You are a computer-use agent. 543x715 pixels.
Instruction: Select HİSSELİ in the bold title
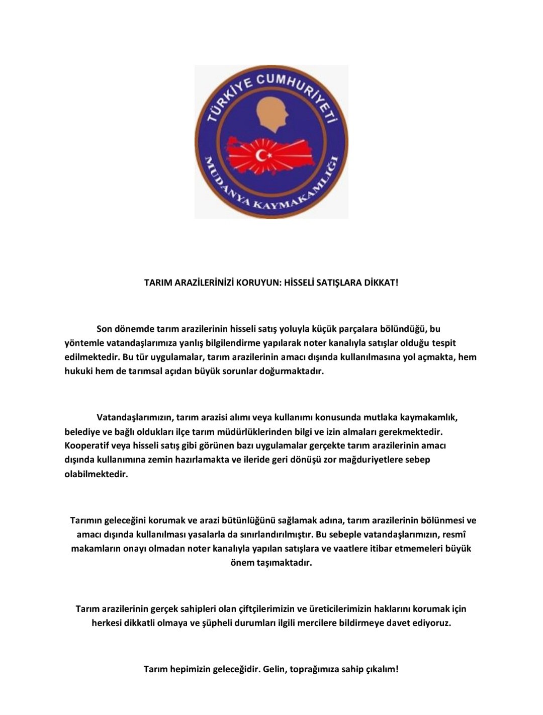tap(299, 283)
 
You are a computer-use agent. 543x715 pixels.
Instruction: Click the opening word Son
tap(104, 329)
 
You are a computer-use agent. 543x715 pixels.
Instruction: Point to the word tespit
tap(444, 343)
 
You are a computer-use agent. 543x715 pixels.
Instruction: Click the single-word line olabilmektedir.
tap(96, 474)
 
